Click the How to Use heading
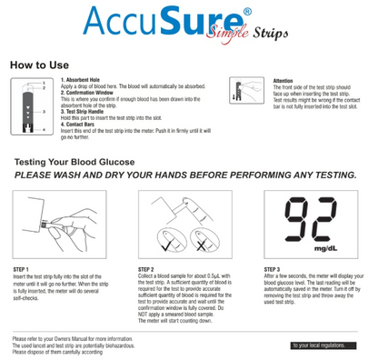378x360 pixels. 42,66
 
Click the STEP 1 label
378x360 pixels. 21,270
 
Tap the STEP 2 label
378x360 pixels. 147,270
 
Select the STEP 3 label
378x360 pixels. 273,270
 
